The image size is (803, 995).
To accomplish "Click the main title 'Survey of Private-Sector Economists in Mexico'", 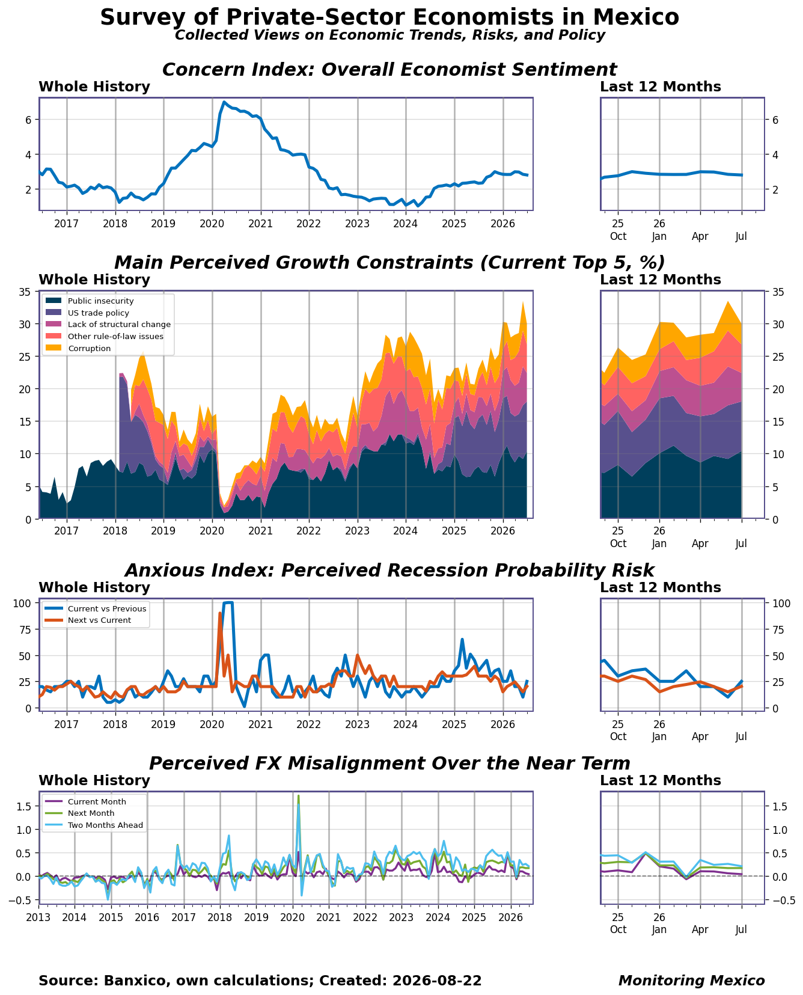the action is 389,17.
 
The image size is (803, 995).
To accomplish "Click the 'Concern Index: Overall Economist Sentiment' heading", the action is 389,70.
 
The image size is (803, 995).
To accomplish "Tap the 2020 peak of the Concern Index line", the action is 224,102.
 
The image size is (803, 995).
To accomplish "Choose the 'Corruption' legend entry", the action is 90,348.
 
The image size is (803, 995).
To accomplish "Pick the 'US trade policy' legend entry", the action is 99,313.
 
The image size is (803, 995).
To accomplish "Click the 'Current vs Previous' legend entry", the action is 107,608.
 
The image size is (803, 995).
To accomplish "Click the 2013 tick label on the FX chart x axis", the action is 38,917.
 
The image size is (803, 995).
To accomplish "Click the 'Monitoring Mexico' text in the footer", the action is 691,981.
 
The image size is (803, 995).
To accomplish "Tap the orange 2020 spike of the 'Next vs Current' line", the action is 220,613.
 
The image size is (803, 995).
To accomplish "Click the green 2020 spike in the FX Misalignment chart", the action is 298,796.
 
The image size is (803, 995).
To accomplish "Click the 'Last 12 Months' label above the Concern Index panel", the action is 661,87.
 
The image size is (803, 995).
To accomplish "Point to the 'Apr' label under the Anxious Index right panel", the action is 700,736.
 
